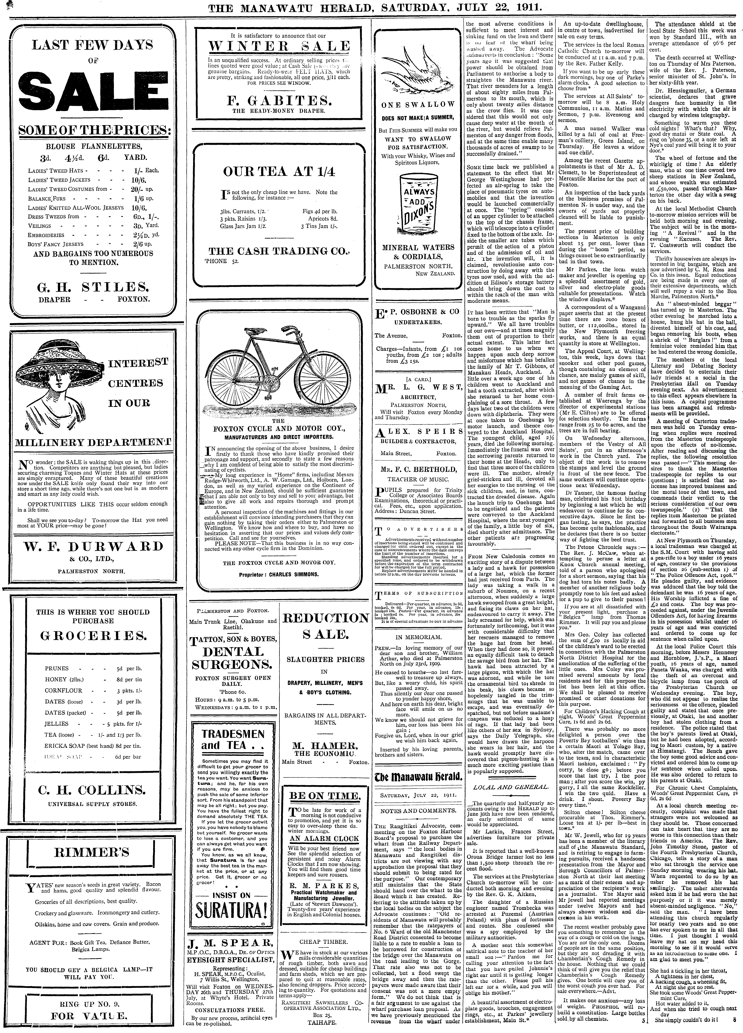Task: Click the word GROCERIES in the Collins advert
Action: coord(93,635)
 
